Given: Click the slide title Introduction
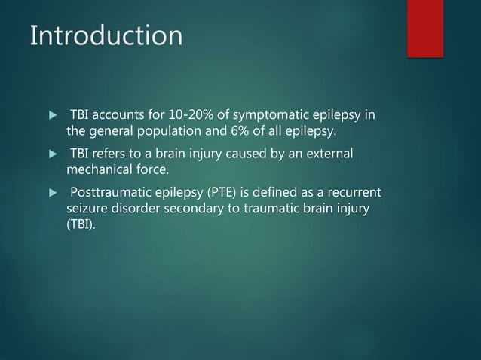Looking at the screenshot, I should [106, 35].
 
